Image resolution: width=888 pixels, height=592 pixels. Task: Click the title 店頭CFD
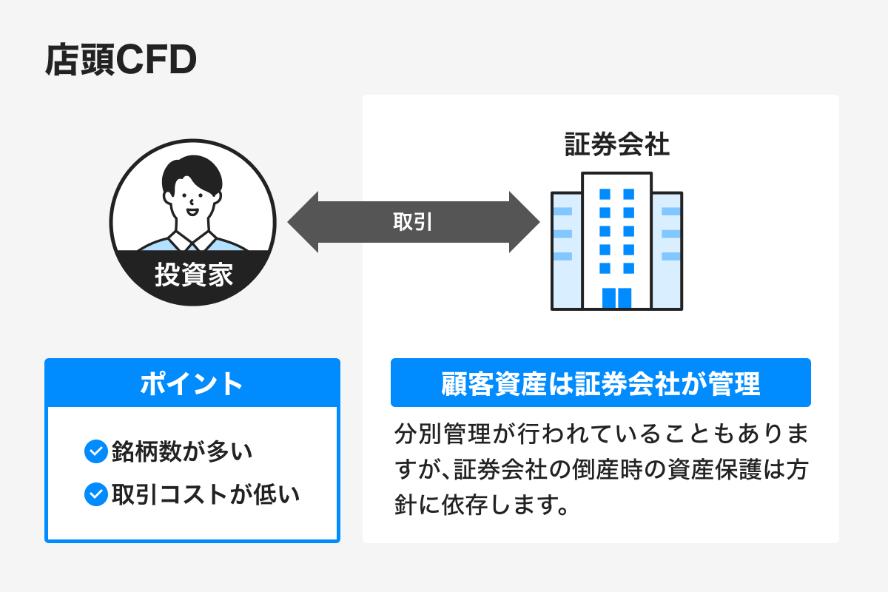pyautogui.click(x=121, y=61)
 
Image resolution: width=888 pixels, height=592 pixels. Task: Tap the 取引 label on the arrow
pyautogui.click(x=413, y=222)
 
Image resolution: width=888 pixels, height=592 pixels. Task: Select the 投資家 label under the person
pyautogui.click(x=193, y=275)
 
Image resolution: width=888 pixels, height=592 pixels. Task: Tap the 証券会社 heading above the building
pyautogui.click(x=616, y=144)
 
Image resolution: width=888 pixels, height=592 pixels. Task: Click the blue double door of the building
pyautogui.click(x=616, y=297)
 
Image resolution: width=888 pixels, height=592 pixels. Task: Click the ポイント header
pyautogui.click(x=192, y=383)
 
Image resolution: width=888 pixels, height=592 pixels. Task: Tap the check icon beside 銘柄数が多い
pyautogui.click(x=96, y=451)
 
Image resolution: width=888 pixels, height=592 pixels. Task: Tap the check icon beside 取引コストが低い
pyautogui.click(x=96, y=494)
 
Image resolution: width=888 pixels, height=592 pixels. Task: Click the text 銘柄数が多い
pyautogui.click(x=182, y=451)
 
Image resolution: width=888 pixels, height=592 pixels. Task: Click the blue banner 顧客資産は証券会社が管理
pyautogui.click(x=600, y=383)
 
